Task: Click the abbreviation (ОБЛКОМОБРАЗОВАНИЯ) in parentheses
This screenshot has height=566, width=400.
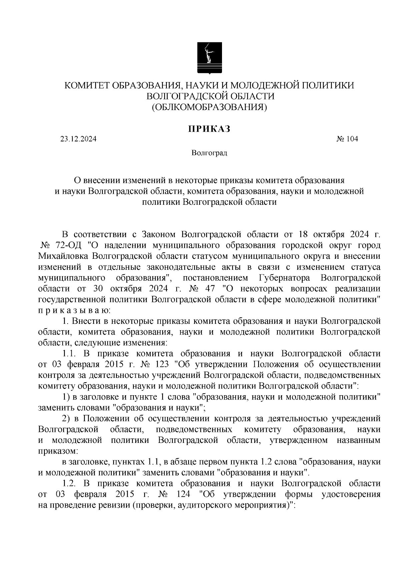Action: pyautogui.click(x=209, y=107)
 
